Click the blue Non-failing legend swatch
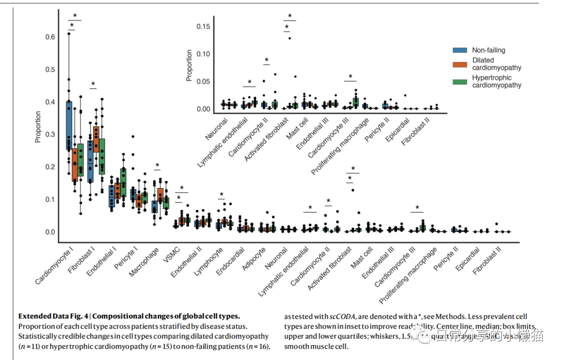[x=459, y=50]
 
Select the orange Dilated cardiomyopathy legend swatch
[x=459, y=64]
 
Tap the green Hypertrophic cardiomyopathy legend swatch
[x=459, y=82]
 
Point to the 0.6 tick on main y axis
[x=50, y=37]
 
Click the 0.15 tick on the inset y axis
[x=203, y=27]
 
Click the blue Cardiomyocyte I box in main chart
[x=69, y=125]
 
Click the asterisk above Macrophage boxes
[x=157, y=166]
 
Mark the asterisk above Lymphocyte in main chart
[x=221, y=195]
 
